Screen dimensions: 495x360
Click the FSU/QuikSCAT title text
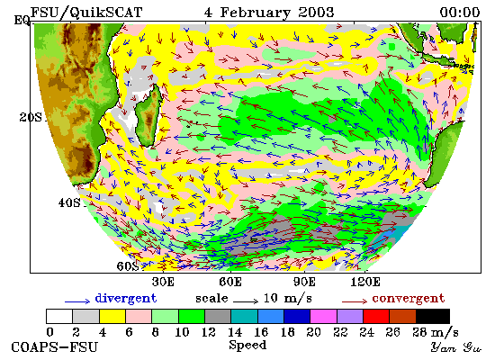click(x=86, y=13)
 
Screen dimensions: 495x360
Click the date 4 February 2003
click(x=269, y=13)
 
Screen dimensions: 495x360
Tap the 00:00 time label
click(x=460, y=13)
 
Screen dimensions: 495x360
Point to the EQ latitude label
click(x=22, y=21)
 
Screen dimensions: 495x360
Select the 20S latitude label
click(x=31, y=117)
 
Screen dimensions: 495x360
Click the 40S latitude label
click(x=69, y=202)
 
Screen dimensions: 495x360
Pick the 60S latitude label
click(x=128, y=266)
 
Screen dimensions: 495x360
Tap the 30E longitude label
click(x=163, y=282)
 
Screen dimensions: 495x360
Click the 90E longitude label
click(x=304, y=282)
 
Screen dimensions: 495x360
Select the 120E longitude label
click(x=365, y=282)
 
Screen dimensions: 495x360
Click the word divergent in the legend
click(x=126, y=299)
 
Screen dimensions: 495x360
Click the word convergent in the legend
click(x=409, y=299)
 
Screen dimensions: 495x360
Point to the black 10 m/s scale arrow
click(x=246, y=301)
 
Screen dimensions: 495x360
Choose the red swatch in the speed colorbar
click(x=376, y=317)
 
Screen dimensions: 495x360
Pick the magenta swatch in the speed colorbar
click(x=323, y=317)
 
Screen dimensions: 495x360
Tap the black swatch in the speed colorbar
click(x=433, y=317)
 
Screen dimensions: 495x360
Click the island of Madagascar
click(x=148, y=115)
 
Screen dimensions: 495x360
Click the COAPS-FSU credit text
click(x=54, y=346)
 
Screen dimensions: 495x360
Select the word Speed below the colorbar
click(x=247, y=345)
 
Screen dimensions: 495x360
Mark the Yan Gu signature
click(x=456, y=347)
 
